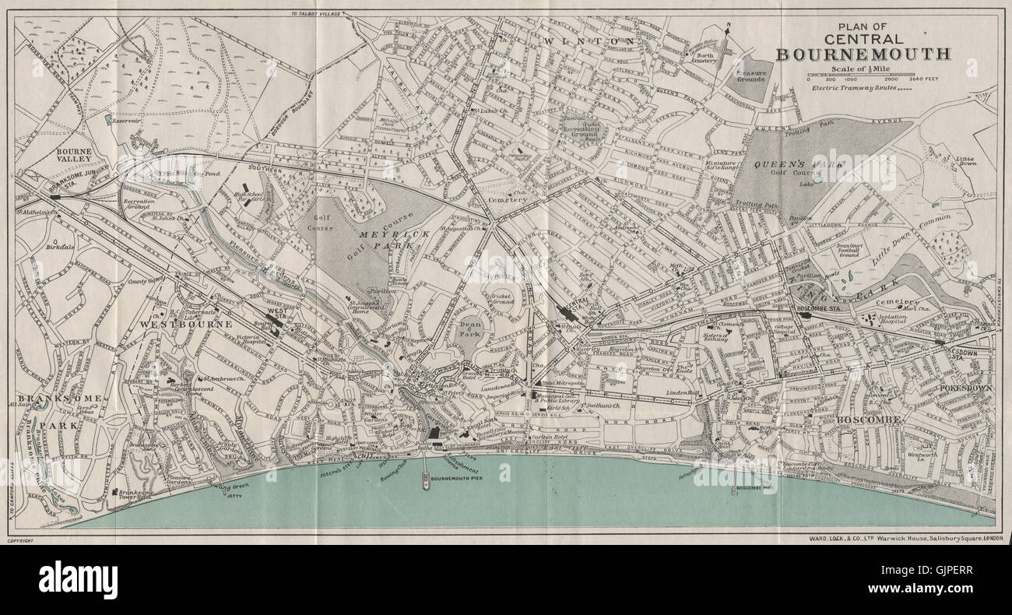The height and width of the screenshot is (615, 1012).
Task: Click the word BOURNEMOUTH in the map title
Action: click(863, 54)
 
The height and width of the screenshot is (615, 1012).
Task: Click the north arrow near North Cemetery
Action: click(726, 43)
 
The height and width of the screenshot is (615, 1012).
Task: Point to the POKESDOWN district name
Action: click(960, 385)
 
